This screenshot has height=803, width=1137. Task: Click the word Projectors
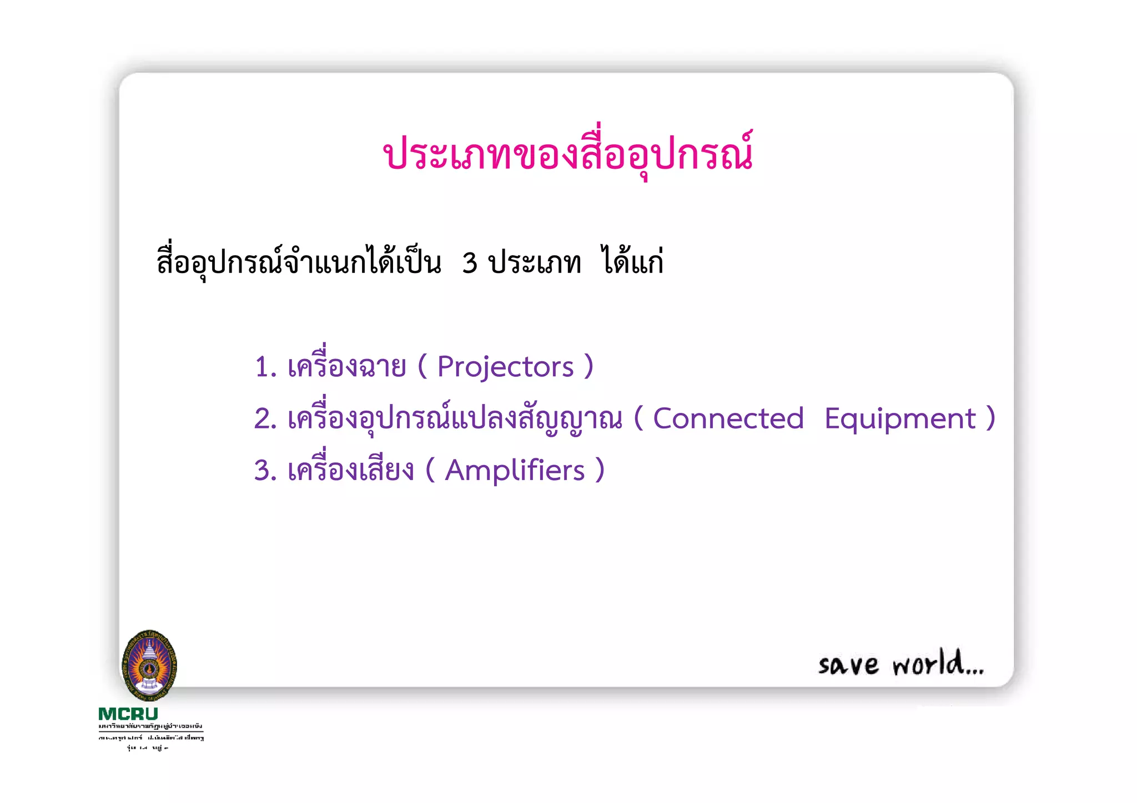click(x=505, y=367)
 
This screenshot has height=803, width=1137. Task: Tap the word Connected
click(x=728, y=418)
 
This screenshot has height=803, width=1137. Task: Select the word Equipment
click(x=899, y=418)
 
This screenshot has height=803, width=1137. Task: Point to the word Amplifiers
click(x=515, y=471)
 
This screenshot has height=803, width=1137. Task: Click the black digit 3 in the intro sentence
click(x=470, y=263)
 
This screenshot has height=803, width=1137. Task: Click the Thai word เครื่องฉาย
click(x=346, y=365)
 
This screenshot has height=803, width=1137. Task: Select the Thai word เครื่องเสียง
click(x=350, y=469)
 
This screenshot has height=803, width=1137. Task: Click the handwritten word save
click(x=848, y=665)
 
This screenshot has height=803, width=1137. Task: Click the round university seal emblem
click(x=149, y=665)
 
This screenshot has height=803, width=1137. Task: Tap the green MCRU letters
click(x=128, y=714)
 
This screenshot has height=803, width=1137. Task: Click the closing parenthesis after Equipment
click(x=990, y=418)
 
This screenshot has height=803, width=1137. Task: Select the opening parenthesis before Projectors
click(x=422, y=366)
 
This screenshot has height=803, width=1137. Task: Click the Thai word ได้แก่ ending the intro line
click(x=633, y=261)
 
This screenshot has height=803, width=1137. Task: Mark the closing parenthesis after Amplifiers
click(x=600, y=471)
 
